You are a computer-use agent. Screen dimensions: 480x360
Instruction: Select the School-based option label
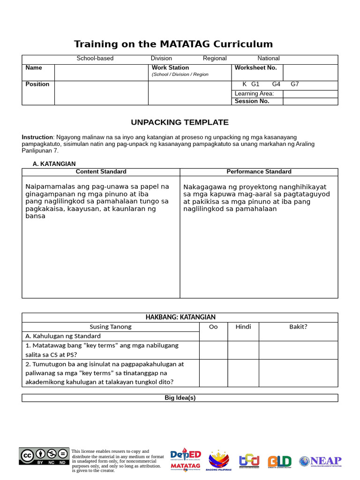point(95,59)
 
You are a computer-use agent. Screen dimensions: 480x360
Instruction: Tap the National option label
point(269,59)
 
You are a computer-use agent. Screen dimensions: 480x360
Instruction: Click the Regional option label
point(215,59)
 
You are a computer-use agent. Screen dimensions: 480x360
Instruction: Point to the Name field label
point(34,68)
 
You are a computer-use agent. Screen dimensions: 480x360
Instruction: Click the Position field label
point(37,84)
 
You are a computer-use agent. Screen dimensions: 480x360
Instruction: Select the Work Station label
point(170,68)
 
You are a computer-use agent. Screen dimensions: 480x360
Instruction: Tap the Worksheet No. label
point(255,68)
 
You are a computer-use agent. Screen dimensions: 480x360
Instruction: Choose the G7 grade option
point(295,84)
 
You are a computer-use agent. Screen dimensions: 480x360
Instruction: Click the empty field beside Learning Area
point(310,94)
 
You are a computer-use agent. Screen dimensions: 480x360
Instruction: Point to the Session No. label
point(252,101)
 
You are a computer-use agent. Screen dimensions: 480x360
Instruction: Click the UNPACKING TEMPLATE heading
point(180,122)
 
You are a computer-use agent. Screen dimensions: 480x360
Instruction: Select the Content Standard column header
point(101,172)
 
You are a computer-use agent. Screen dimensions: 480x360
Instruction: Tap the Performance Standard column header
point(259,172)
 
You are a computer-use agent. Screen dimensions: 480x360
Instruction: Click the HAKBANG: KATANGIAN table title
point(180,317)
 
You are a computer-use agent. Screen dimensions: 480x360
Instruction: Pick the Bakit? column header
point(298,327)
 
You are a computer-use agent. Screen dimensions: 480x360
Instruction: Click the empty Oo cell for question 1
point(213,350)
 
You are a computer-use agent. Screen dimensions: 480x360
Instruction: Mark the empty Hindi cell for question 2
point(243,373)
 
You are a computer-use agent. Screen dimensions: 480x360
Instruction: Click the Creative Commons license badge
point(44,456)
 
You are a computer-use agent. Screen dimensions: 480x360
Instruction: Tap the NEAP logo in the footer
point(321,461)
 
